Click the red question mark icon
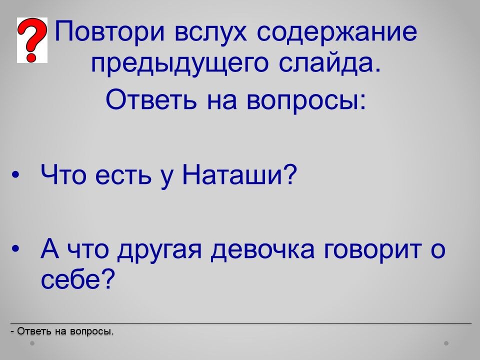pos(32,40)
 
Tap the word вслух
pos(211,31)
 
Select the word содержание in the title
pos(336,31)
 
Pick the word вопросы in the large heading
pos(306,100)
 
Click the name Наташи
pos(239,175)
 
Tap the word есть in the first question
pos(123,176)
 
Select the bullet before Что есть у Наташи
pos(15,175)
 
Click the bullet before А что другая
pos(15,248)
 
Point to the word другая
pos(159,250)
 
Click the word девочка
pos(262,249)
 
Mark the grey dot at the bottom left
pos(32,343)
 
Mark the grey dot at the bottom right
pos(446,343)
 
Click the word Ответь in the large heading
pos(151,100)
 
